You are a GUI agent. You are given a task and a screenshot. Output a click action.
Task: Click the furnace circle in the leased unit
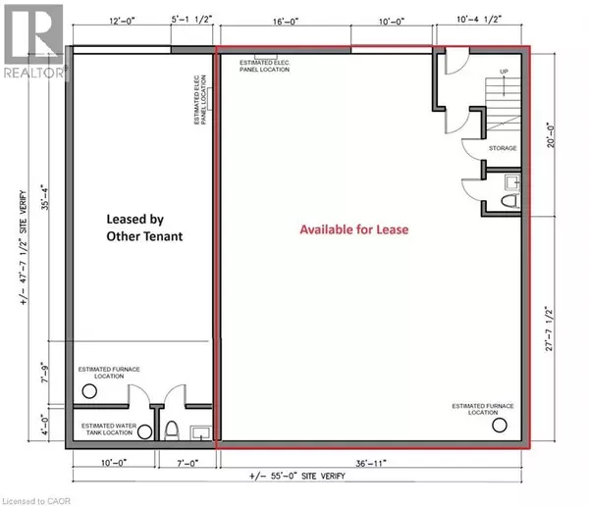(90, 389)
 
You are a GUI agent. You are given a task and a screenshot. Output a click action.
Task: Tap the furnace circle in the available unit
(502, 426)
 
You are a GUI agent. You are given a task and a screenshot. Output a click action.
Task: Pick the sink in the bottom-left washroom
(200, 432)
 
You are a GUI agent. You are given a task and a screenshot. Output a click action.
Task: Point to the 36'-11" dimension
(369, 461)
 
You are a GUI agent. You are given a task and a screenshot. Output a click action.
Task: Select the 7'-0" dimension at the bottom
(188, 461)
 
